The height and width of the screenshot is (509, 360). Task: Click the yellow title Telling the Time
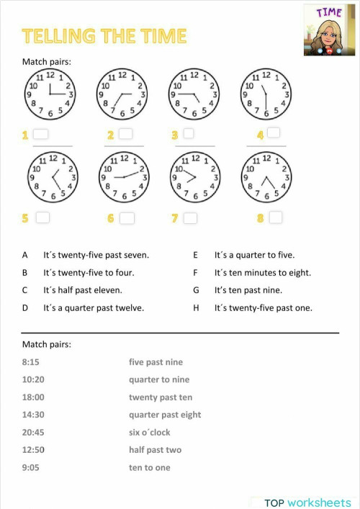point(104,36)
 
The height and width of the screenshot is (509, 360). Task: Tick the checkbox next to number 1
point(41,135)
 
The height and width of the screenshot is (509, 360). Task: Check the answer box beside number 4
point(273,133)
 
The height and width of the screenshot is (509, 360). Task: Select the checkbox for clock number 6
point(127,218)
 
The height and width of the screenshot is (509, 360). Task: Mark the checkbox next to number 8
point(275,217)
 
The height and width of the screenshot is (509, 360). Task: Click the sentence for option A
point(96,255)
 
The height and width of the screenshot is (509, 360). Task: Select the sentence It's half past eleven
point(83,290)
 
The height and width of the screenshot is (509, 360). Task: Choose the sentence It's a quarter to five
point(254,255)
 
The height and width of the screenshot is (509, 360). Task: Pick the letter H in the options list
point(195,308)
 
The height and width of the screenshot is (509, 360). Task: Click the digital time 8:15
point(31,362)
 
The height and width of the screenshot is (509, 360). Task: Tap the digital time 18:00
point(33,397)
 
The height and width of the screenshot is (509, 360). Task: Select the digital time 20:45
point(33,432)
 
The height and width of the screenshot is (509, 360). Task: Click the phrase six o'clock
point(150,432)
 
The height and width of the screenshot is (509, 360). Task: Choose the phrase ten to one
point(150,467)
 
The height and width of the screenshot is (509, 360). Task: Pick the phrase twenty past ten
point(161,397)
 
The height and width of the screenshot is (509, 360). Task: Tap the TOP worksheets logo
point(307,503)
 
